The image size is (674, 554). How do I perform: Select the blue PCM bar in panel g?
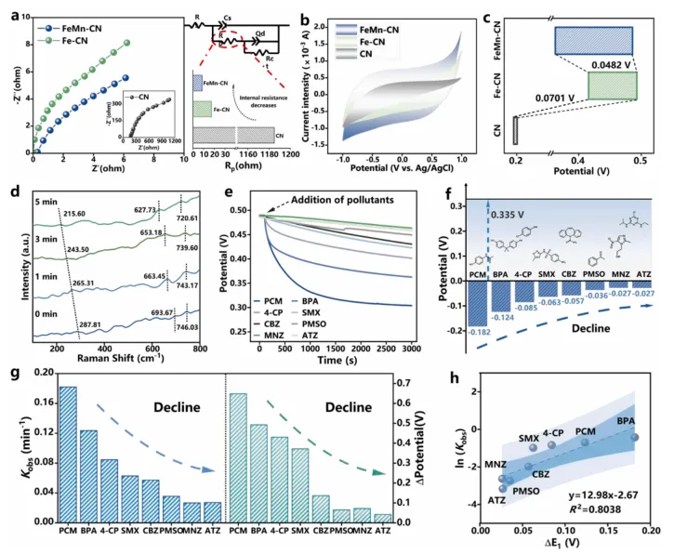tap(68, 454)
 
